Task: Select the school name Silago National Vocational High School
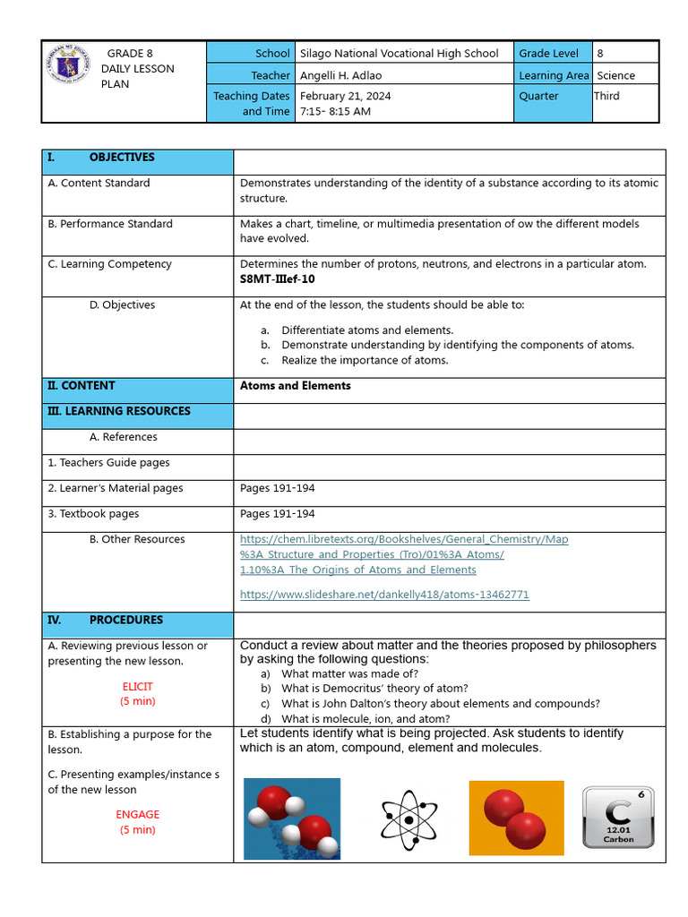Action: click(399, 53)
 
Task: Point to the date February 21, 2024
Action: click(345, 96)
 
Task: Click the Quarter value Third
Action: click(606, 96)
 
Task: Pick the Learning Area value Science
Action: click(615, 75)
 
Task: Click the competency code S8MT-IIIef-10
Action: click(277, 279)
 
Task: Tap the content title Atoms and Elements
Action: click(295, 386)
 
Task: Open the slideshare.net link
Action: click(384, 595)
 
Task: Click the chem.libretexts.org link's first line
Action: click(404, 539)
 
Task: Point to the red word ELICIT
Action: click(137, 687)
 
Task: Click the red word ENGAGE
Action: click(137, 814)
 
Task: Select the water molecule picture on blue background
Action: click(292, 818)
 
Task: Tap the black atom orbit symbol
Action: click(408, 819)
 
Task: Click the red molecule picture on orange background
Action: click(516, 818)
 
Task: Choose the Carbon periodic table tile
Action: click(618, 818)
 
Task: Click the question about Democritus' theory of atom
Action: click(374, 688)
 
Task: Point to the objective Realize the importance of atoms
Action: click(365, 360)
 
